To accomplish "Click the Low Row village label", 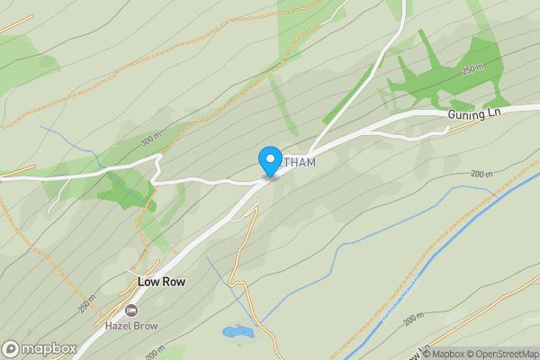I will (x=161, y=282).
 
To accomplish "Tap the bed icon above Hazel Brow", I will (x=131, y=310).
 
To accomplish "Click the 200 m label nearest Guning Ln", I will (x=483, y=173).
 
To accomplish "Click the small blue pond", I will (x=238, y=333).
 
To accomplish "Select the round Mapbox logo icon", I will (x=11, y=349).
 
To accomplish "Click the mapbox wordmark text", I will (x=49, y=349).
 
